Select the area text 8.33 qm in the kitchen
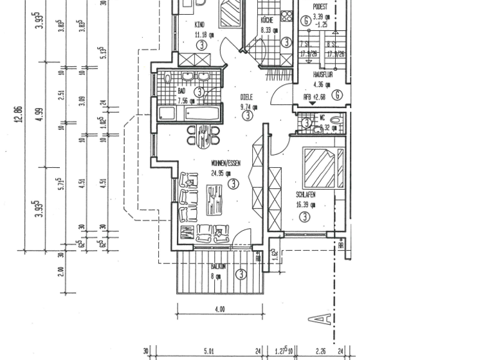(x=268, y=30)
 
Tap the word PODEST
(x=320, y=6)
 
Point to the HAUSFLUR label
(x=322, y=75)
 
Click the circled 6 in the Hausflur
(x=337, y=95)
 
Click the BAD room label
(x=181, y=91)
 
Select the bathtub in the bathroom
(x=202, y=114)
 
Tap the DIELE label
(x=246, y=97)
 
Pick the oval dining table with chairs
(x=203, y=135)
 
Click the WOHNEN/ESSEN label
(x=225, y=163)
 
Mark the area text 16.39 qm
(x=306, y=205)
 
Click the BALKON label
(x=220, y=266)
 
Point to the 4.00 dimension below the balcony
(x=219, y=309)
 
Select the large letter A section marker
(x=324, y=318)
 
